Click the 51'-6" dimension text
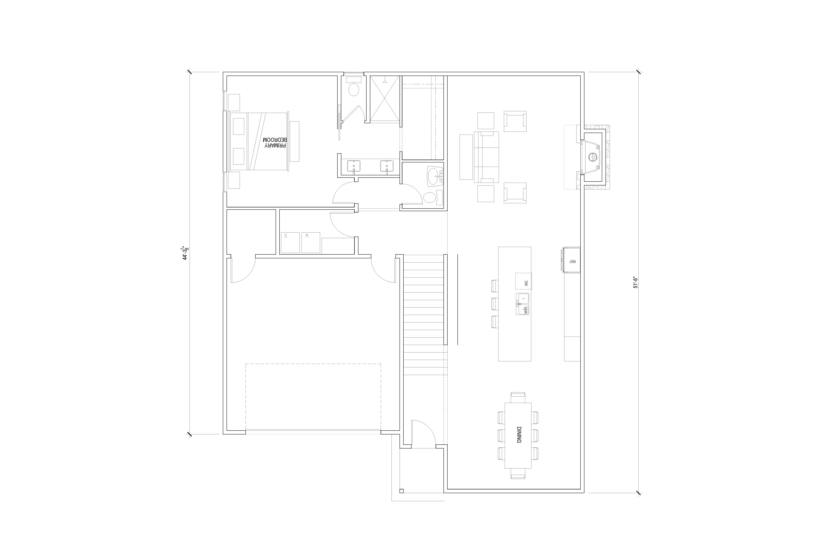pyautogui.click(x=636, y=282)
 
